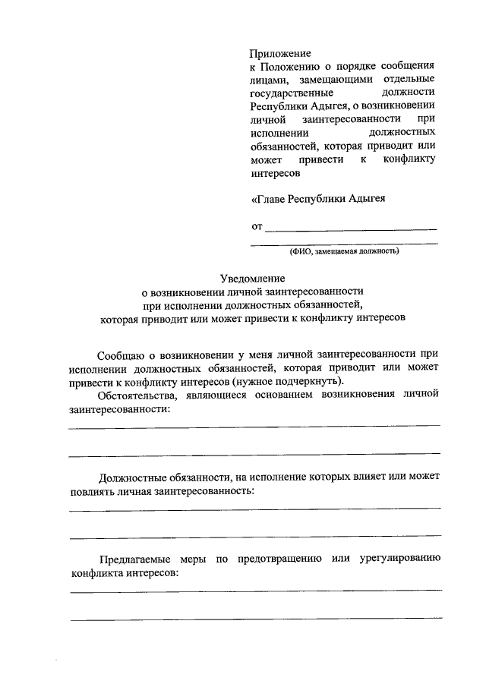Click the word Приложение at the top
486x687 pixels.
(280, 54)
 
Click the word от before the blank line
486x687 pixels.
(257, 226)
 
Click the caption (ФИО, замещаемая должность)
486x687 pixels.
(344, 251)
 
